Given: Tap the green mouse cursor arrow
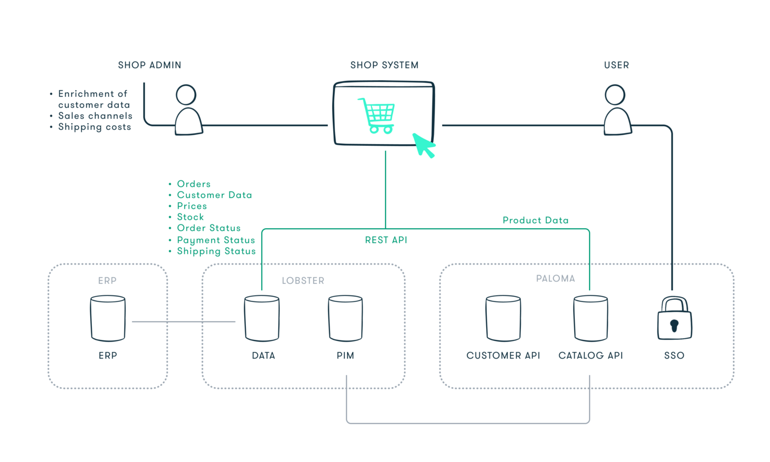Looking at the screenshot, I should pos(423,145).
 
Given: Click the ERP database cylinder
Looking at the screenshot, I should pos(108,318).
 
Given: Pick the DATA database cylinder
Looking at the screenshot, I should pos(262,318).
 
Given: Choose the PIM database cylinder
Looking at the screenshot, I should pos(345,318).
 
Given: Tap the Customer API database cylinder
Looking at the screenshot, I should pos(503,318).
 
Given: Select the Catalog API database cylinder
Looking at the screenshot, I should pos(591,318).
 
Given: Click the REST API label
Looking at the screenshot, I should pos(386,240).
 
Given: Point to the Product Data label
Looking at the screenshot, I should pos(536,221).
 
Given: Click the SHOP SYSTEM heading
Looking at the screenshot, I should pos(384,65).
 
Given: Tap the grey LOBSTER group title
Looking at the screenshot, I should pos(303,281).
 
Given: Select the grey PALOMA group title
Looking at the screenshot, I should pos(555,279).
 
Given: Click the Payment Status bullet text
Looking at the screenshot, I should pos(216,240).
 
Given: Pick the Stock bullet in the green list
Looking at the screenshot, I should pos(190,217).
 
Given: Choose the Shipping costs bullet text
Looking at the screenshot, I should pos(95,127).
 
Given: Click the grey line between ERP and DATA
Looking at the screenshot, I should pos(184,322).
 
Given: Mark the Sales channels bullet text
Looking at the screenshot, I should pos(95,116).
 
